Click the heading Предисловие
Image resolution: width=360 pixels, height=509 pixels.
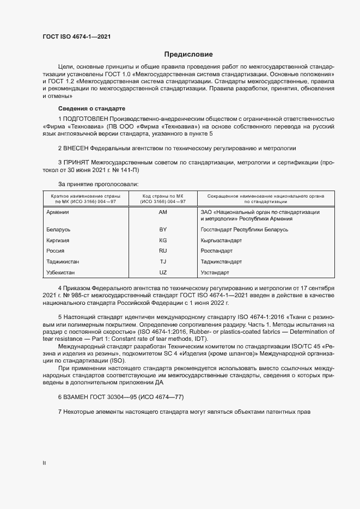click(188, 54)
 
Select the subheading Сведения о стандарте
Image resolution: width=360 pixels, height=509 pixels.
click(91, 108)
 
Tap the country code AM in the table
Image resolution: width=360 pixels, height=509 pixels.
click(162, 212)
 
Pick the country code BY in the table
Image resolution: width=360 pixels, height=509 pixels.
click(162, 230)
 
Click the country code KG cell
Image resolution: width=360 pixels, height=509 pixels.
click(162, 240)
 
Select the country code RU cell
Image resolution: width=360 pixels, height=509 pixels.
click(162, 251)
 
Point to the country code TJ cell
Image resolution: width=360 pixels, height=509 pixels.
click(162, 261)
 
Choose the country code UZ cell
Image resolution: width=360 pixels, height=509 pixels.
click(162, 272)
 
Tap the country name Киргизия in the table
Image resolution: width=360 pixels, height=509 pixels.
click(60, 240)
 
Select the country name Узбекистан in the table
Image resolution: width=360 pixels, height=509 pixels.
click(62, 272)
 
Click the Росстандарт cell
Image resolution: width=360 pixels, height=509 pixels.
click(217, 251)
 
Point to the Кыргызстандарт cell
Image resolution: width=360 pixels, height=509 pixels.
click(221, 240)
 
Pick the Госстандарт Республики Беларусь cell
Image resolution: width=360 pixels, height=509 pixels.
click(245, 230)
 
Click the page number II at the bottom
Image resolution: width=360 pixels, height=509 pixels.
click(44, 463)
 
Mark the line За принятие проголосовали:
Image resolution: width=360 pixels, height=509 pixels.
click(98, 184)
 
